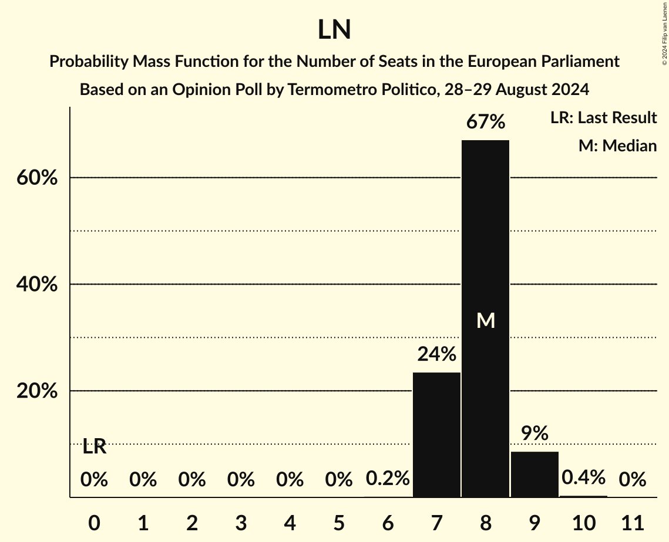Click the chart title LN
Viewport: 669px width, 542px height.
click(334, 31)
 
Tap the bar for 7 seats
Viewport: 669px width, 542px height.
click(436, 434)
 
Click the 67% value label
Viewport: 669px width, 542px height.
click(485, 122)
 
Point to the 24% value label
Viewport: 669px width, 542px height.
click(436, 354)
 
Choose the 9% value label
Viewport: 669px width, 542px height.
click(534, 433)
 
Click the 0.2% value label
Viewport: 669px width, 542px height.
click(388, 479)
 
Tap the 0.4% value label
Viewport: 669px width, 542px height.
click(583, 477)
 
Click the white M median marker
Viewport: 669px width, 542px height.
click(486, 320)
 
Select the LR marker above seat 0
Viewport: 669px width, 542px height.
click(94, 447)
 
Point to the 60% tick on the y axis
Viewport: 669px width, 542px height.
click(37, 178)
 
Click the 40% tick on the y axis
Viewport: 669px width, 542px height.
click(37, 284)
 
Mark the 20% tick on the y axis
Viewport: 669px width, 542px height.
click(37, 391)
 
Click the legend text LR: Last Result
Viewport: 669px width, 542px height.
click(603, 118)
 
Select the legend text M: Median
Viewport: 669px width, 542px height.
click(617, 146)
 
